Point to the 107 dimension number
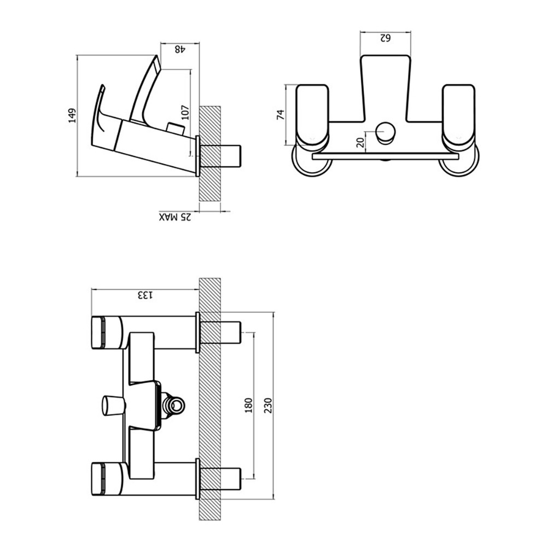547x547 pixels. tap(184, 112)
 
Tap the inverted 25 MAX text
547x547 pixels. tap(176, 218)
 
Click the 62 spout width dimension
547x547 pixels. tap(385, 38)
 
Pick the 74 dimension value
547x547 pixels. tap(281, 115)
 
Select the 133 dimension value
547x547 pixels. tap(144, 295)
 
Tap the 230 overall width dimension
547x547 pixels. tap(267, 405)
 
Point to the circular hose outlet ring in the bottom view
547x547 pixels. tap(176, 405)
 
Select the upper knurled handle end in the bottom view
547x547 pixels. tap(98, 332)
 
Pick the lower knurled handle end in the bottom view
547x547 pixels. tap(98, 479)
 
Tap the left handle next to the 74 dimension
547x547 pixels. tap(312, 115)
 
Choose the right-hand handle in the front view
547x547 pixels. tap(458, 115)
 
